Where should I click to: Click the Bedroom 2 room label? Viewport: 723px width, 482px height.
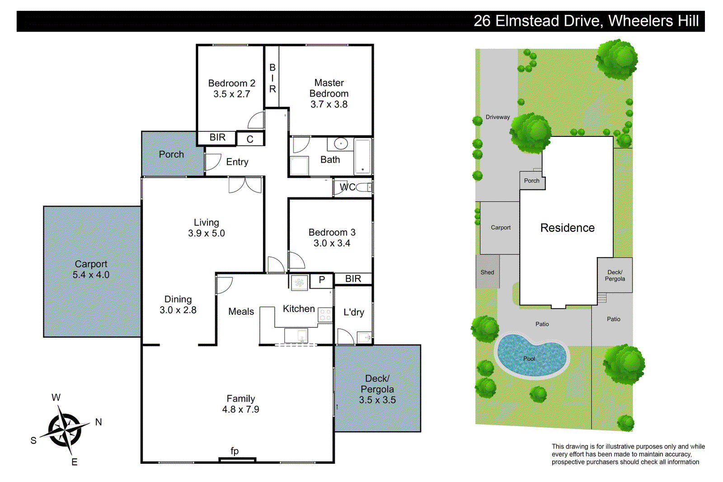click(231, 83)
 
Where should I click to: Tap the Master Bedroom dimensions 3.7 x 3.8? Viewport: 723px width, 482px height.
click(329, 104)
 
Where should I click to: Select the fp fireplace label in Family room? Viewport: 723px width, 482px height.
click(235, 451)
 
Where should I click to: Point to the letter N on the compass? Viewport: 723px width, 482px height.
click(99, 422)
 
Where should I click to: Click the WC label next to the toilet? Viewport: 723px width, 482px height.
click(347, 187)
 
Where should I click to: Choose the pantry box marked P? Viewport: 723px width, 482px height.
click(322, 280)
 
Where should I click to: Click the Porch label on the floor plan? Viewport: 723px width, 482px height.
click(171, 154)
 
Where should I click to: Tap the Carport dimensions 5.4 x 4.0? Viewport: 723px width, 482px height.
click(91, 275)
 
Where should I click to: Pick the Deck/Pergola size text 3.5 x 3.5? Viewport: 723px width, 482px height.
click(377, 400)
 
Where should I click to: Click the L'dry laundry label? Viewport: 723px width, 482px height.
click(353, 312)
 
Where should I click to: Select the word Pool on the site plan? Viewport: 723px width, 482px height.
click(529, 359)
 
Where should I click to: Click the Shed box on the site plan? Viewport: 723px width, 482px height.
click(487, 272)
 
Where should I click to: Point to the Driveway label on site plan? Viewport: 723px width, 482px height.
click(498, 117)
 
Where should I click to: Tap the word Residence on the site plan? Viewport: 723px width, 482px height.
click(567, 228)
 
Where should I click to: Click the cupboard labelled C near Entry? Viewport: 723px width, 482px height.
click(250, 139)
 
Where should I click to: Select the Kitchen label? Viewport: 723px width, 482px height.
click(299, 309)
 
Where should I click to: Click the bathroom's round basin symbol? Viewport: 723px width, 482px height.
click(341, 144)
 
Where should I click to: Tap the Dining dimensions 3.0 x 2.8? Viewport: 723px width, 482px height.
click(178, 310)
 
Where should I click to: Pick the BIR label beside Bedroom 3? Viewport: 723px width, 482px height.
click(353, 279)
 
